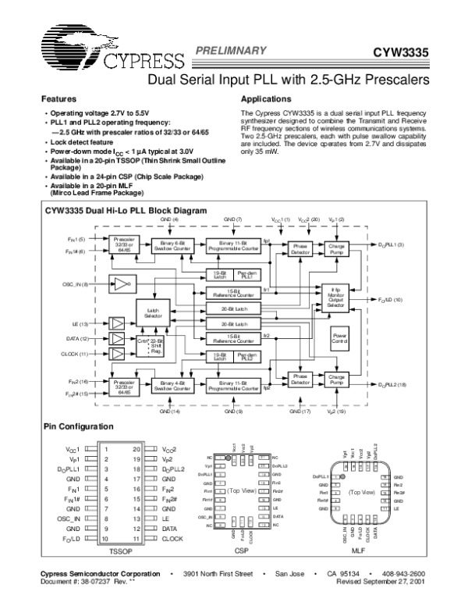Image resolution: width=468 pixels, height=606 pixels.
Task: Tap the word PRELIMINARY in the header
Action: coord(226,48)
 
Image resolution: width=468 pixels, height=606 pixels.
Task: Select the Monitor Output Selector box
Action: coord(336,298)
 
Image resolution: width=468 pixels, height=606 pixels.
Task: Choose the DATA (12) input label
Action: coord(76,339)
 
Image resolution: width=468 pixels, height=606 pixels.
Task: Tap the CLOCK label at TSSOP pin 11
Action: coord(172,538)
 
